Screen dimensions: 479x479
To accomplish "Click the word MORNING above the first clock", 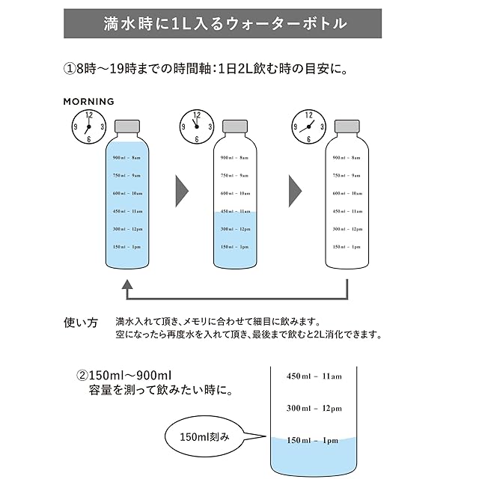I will [88, 101].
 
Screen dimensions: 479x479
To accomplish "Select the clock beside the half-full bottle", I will [197, 126].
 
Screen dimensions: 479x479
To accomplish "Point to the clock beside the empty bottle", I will [307, 126].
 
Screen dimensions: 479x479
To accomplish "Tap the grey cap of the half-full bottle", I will [237, 125].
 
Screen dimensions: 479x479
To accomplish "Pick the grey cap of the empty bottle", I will [347, 125].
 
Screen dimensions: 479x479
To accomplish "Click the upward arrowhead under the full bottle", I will [127, 285].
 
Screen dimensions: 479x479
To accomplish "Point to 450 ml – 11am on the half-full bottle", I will [237, 211].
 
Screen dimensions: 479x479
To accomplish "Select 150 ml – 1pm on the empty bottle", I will [347, 246].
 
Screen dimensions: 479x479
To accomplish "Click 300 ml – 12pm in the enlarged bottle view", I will [314, 408].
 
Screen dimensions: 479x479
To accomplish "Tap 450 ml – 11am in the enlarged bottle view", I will [314, 376].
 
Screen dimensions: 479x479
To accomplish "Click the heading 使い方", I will [80, 324].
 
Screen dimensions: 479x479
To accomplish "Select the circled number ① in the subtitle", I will [70, 69].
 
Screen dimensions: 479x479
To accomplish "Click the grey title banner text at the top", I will [225, 23].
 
